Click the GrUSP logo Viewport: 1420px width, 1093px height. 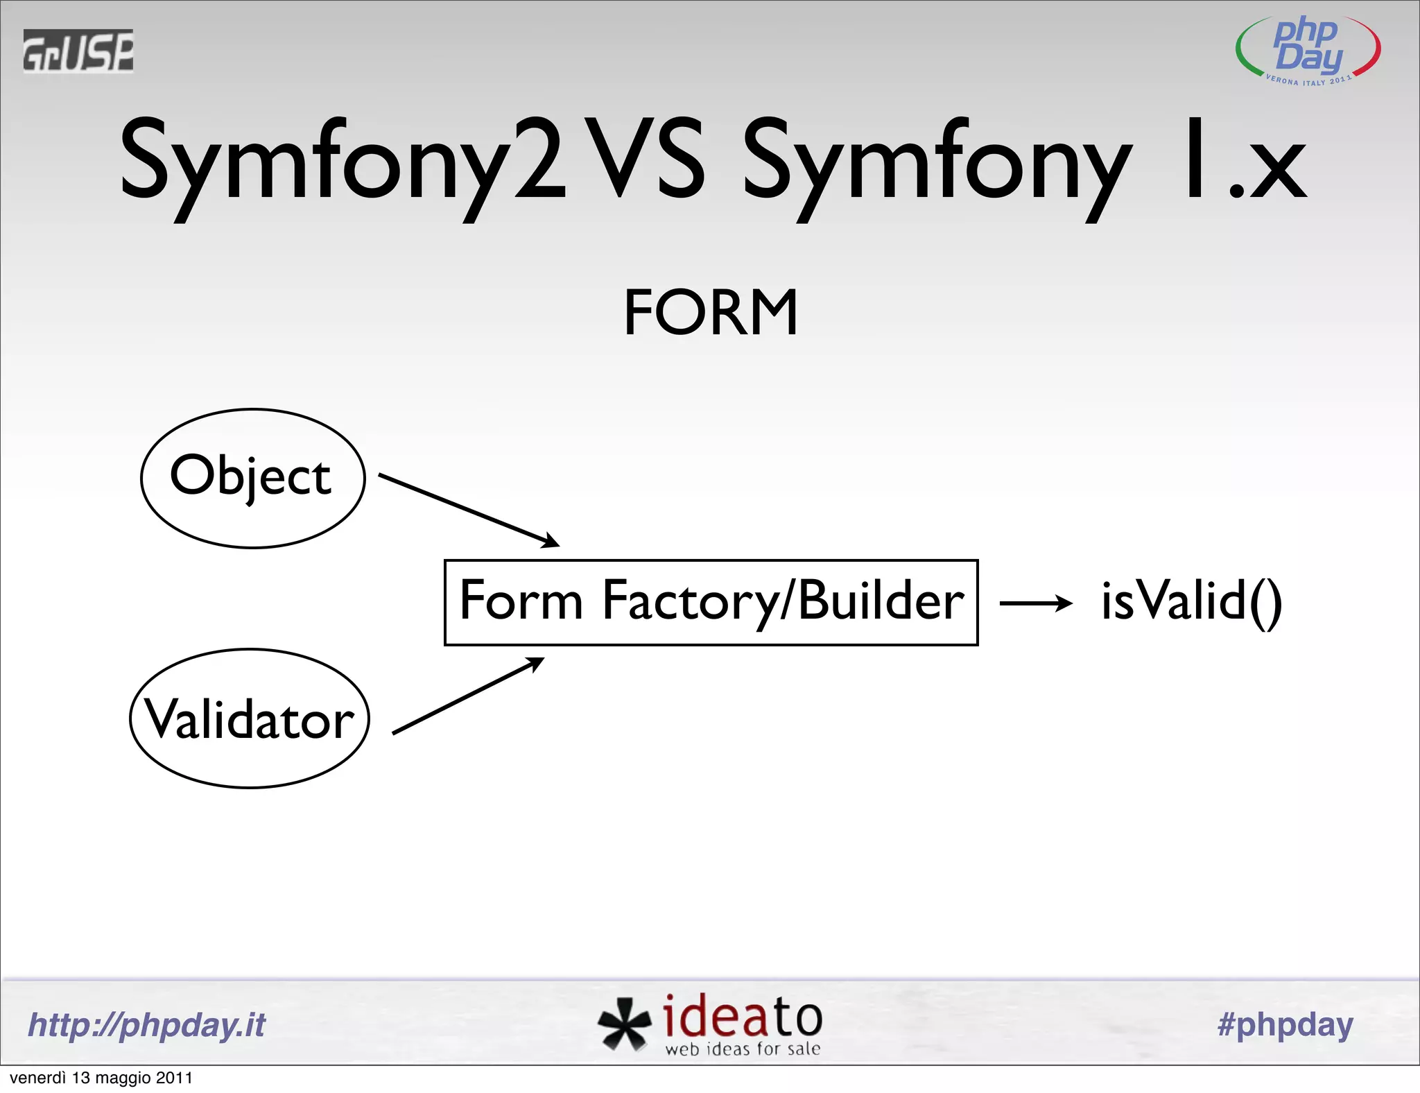78,51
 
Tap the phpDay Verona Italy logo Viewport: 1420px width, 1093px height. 1308,51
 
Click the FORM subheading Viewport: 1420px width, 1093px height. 711,313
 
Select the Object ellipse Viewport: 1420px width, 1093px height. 253,478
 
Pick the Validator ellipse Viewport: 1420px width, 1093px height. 250,718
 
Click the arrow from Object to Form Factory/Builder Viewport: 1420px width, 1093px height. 469,510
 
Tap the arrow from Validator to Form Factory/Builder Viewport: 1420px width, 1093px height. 469,695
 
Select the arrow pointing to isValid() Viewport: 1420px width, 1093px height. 1036,603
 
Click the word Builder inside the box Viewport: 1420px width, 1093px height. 881,601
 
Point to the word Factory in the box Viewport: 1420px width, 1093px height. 690,601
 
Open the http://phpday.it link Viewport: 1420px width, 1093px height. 146,1025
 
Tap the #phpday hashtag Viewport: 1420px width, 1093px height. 1285,1025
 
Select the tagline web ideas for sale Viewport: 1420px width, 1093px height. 743,1049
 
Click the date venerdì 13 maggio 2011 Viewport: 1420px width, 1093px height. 101,1078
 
